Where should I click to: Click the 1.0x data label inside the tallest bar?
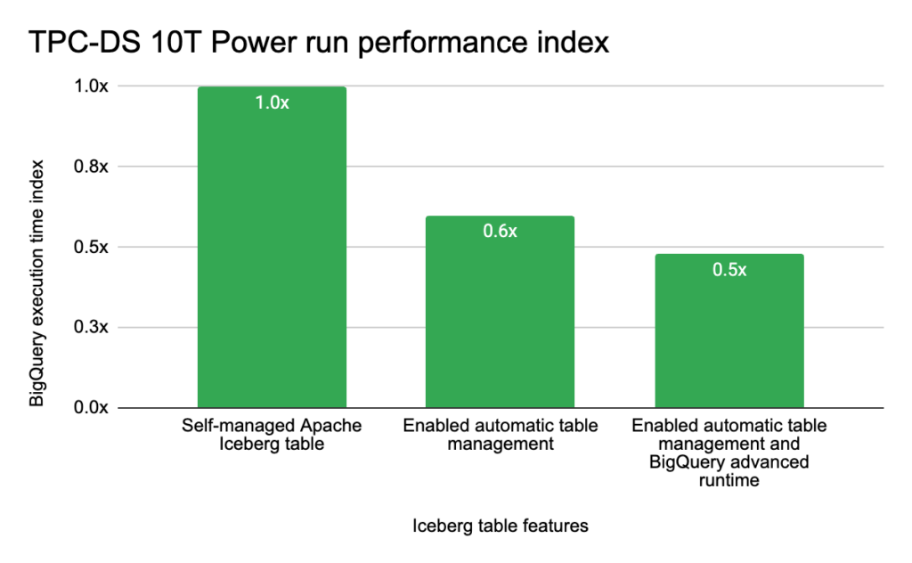pos(272,102)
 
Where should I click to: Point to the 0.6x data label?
pos(500,232)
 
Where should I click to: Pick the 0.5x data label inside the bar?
pos(729,270)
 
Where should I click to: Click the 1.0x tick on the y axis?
pos(90,86)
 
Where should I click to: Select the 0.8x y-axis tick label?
pos(90,167)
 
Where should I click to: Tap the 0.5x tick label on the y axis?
pos(90,247)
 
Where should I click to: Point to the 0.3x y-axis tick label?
pos(90,327)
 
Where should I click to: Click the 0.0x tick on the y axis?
pos(90,407)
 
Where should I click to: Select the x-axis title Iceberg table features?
pos(500,526)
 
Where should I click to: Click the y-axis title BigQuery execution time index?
pos(37,282)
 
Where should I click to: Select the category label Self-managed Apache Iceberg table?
pos(272,434)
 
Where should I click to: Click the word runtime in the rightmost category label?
pos(729,481)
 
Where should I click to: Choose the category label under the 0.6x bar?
pos(500,434)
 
